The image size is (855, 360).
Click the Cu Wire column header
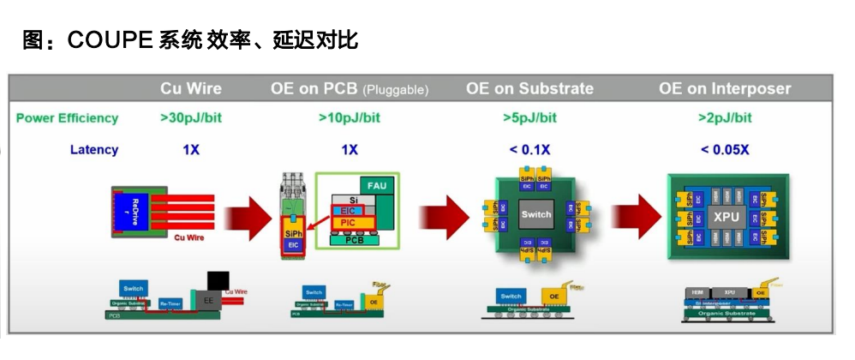[190, 88]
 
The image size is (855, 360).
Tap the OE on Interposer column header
[725, 88]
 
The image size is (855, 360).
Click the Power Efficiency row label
[67, 118]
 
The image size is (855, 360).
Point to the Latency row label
[94, 150]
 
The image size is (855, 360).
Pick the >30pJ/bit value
[190, 118]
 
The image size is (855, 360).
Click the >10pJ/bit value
[350, 118]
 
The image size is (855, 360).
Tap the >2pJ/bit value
[726, 118]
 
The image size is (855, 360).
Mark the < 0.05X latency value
[726, 150]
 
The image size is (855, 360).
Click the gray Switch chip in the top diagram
[537, 215]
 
